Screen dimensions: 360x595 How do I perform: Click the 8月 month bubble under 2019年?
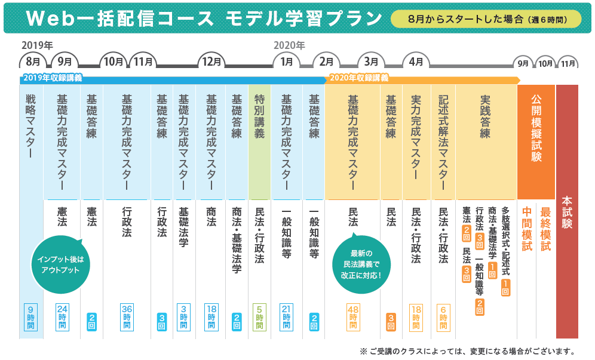[x=33, y=61]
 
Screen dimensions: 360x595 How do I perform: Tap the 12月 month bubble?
[x=211, y=61]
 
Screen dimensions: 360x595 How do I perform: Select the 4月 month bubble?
[x=416, y=61]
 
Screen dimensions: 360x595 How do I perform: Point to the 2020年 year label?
[x=289, y=45]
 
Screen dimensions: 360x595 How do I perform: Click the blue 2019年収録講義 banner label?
[x=52, y=78]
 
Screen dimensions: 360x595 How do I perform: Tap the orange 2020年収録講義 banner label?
[x=359, y=78]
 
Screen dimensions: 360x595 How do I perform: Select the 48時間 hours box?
[x=353, y=317]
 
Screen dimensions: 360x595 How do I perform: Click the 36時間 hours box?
[x=127, y=317]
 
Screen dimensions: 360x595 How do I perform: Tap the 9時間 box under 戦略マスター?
[x=31, y=317]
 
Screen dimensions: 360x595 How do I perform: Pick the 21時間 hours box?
[x=287, y=317]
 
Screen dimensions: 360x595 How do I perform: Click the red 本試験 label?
[x=567, y=213]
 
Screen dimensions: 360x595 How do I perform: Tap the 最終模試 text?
[x=545, y=229]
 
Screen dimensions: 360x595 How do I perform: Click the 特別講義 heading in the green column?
[x=259, y=117]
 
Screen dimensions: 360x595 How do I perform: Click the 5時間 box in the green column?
[x=259, y=317]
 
